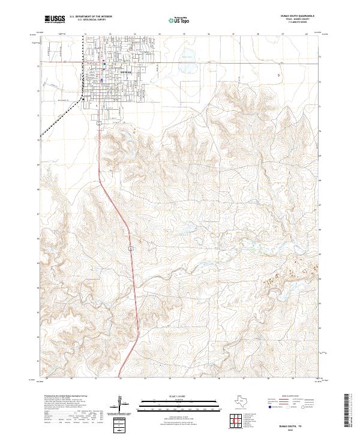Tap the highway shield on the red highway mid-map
[x=130, y=247]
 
